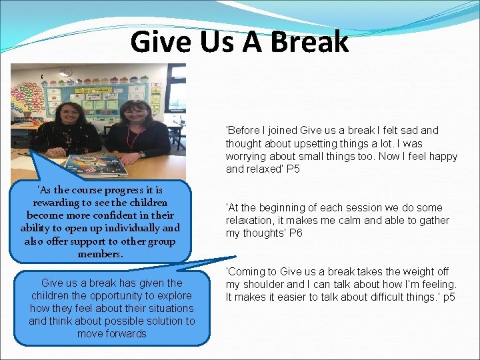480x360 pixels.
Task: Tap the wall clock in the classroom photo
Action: pos(65,72)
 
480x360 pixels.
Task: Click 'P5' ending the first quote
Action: pos(293,169)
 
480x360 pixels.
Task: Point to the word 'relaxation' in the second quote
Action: pos(251,221)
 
